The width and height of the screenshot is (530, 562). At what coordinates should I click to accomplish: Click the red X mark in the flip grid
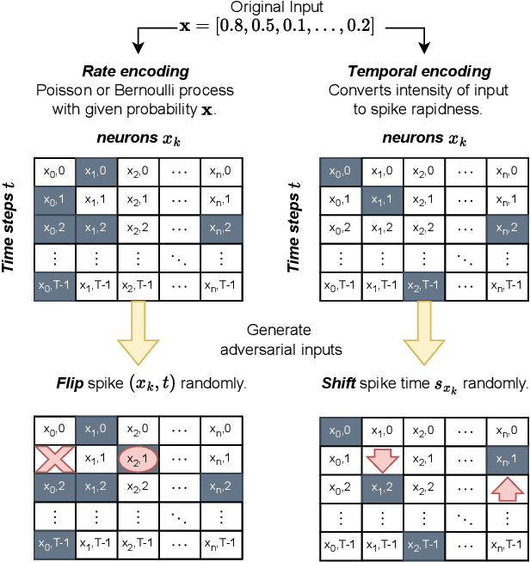pos(53,461)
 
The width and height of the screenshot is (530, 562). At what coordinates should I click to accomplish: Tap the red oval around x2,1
pos(139,461)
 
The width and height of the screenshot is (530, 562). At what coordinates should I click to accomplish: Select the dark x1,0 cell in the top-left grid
pos(96,170)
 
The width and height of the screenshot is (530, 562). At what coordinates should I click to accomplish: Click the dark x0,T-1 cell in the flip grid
pos(53,542)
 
